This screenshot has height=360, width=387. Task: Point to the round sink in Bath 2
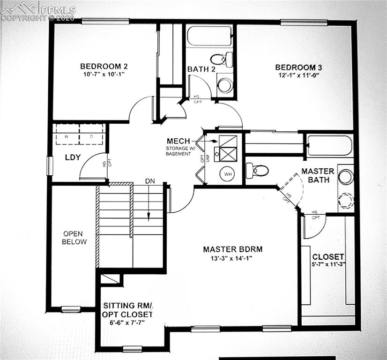[x=225, y=85]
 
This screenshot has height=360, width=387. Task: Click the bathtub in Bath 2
[x=209, y=36]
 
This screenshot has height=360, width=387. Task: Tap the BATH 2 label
[x=201, y=69]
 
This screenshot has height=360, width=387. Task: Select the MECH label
[x=179, y=141]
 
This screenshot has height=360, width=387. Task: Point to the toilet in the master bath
[x=257, y=170]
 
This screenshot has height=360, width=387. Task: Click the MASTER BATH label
[x=318, y=175]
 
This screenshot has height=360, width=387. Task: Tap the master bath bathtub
[x=329, y=145]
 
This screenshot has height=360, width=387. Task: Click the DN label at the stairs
[x=149, y=180]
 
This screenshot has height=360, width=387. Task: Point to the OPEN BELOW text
[x=75, y=238]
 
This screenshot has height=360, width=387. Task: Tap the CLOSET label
[x=328, y=257]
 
